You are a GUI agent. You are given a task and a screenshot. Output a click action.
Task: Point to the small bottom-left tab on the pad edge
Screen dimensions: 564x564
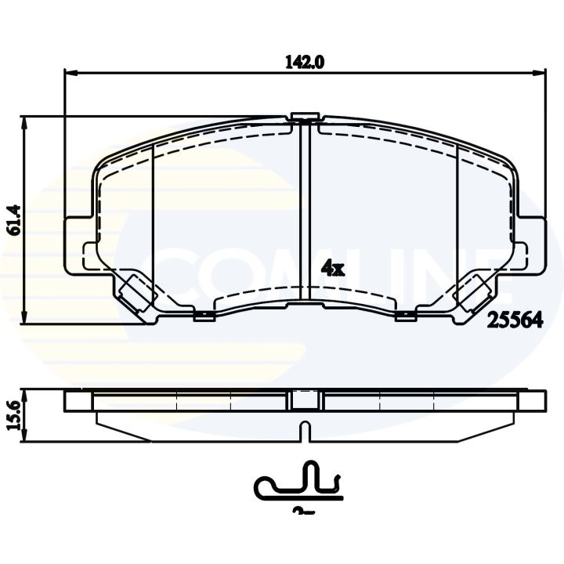(204, 316)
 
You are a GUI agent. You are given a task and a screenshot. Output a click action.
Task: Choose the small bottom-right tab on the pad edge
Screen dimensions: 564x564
(405, 316)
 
